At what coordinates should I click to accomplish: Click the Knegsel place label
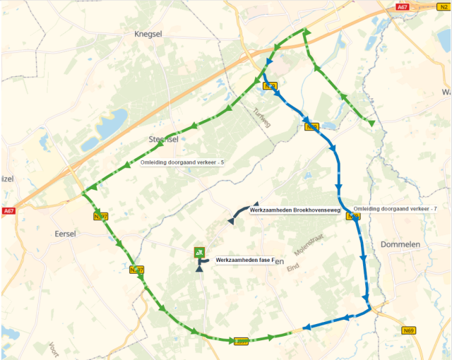pyautogui.click(x=148, y=33)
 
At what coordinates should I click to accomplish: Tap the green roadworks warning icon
pyautogui.click(x=200, y=253)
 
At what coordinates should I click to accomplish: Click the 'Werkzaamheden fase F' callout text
pyautogui.click(x=244, y=260)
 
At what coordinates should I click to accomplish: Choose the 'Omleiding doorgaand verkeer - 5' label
pyautogui.click(x=182, y=163)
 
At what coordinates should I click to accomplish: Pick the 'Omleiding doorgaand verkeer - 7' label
pyautogui.click(x=395, y=209)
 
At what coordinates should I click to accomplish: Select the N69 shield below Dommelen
pyautogui.click(x=408, y=330)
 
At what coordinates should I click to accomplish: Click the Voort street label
pyautogui.click(x=54, y=347)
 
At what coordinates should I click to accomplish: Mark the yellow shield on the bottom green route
pyautogui.click(x=242, y=341)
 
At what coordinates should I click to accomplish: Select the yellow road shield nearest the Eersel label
pyautogui.click(x=100, y=217)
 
